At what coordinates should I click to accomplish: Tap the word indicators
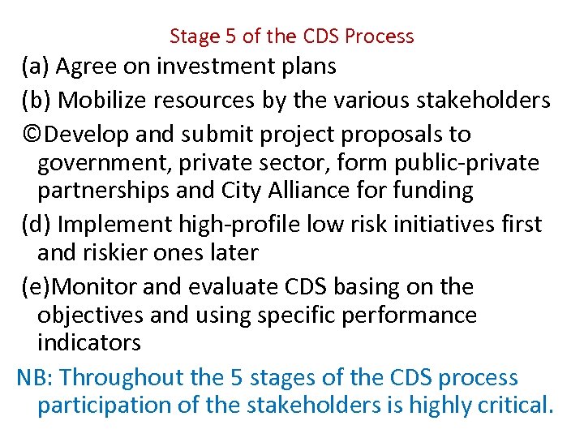89,342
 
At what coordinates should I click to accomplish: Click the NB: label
35,377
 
